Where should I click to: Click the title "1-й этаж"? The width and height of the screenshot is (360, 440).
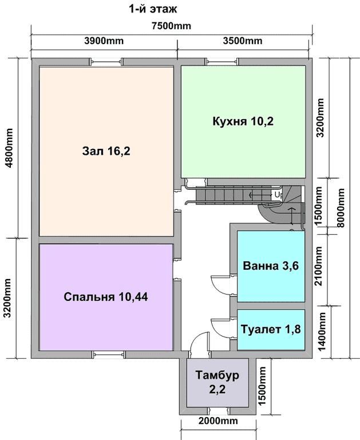point(153,9)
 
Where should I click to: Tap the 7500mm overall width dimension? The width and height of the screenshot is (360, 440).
point(171,26)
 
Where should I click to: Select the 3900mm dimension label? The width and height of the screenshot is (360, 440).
point(104,41)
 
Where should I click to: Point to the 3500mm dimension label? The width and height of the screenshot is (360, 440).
point(243,41)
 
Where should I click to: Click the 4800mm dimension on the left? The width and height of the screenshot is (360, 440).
point(9,148)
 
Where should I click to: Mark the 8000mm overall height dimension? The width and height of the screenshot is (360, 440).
point(341,207)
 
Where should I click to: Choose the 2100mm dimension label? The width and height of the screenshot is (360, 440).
point(318,266)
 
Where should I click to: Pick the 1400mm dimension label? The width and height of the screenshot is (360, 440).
point(322,331)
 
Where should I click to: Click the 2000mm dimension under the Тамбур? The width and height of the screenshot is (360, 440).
point(218,421)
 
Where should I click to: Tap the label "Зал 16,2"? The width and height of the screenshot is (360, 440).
point(106,151)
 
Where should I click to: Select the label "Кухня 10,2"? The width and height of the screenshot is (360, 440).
point(243,121)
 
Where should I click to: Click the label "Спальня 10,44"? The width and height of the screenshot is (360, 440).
point(106,297)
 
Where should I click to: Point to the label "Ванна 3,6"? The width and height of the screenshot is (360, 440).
point(271,265)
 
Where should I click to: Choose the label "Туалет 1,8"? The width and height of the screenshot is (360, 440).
point(271,329)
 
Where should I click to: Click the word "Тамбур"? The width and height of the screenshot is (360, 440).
point(217,375)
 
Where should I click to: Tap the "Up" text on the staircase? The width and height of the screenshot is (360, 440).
point(278,194)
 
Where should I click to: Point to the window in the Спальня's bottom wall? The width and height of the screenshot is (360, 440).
point(110,355)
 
